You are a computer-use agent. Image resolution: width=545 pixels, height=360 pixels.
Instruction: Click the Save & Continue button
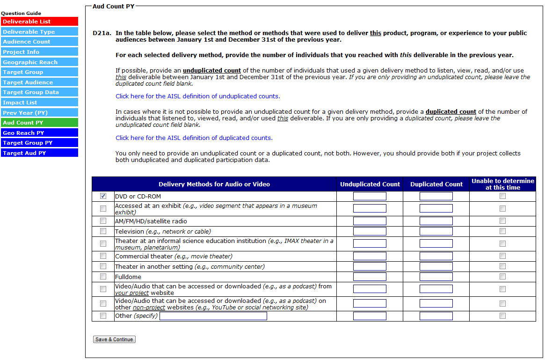point(114,339)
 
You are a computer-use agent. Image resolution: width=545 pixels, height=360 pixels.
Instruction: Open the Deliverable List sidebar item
point(39,22)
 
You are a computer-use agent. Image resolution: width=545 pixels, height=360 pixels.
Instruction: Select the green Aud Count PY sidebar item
point(39,123)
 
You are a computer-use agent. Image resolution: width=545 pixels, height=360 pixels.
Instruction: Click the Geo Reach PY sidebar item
point(39,133)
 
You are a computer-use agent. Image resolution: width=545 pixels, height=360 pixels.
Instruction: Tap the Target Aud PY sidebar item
point(39,153)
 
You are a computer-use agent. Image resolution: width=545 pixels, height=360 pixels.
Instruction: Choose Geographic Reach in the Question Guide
point(39,62)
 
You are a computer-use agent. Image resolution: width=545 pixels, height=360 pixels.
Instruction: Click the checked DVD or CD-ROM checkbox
point(103,196)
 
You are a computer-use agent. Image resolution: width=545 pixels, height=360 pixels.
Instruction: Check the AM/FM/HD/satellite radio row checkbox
point(103,221)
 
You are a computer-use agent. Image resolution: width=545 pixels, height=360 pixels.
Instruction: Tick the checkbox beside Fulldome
point(103,277)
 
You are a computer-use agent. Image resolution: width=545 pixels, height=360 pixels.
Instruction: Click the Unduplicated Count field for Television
point(370,231)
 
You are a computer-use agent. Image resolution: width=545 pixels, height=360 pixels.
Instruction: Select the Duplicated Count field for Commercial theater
point(436,256)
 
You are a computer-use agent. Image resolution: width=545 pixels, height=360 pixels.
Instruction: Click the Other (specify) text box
point(213,316)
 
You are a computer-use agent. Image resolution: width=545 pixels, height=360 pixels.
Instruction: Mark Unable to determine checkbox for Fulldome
point(502,277)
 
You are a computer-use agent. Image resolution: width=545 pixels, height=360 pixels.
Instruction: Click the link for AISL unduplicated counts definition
point(197,96)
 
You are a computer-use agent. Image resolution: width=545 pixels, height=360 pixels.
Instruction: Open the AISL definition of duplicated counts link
point(194,138)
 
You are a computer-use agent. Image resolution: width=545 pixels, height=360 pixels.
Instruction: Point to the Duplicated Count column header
point(436,184)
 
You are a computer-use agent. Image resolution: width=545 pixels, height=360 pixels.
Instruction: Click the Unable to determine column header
point(502,184)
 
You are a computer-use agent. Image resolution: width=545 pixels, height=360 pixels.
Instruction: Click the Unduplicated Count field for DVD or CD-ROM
point(370,196)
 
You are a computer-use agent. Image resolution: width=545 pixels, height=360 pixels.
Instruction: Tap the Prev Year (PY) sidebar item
point(39,113)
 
